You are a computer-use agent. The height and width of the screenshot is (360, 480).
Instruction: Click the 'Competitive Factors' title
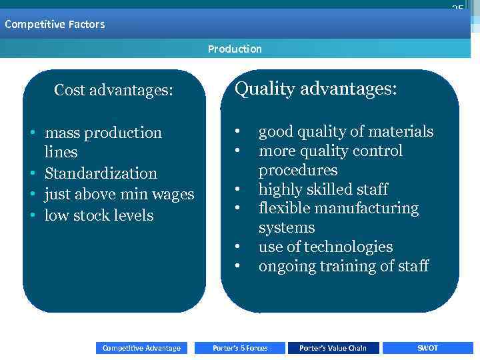(x=55, y=25)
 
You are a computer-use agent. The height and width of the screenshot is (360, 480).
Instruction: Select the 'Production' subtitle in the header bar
(x=235, y=49)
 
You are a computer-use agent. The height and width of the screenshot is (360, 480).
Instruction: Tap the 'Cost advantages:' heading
(x=113, y=90)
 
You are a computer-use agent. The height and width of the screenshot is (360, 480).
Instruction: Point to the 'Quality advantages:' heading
(x=316, y=89)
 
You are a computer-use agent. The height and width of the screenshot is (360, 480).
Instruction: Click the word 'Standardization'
(x=101, y=173)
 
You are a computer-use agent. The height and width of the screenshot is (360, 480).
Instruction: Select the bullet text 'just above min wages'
(x=119, y=195)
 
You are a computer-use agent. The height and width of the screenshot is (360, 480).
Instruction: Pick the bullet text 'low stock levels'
(x=99, y=215)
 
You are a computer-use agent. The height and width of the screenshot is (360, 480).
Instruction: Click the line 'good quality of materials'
(x=345, y=132)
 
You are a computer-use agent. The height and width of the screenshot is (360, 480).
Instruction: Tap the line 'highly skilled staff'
(x=323, y=189)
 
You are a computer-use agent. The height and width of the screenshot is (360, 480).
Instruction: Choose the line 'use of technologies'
(x=325, y=247)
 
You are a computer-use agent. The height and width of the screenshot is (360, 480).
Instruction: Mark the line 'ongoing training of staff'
(x=343, y=267)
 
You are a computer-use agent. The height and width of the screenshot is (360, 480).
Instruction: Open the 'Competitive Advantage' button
(x=141, y=348)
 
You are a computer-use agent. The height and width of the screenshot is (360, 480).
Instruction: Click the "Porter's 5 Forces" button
(x=240, y=348)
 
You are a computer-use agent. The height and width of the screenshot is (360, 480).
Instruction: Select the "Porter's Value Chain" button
(x=333, y=348)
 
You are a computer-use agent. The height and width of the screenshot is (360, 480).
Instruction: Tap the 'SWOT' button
(x=427, y=348)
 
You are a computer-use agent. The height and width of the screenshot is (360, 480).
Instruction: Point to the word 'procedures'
(x=298, y=170)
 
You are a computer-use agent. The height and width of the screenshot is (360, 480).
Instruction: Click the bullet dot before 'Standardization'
(x=32, y=174)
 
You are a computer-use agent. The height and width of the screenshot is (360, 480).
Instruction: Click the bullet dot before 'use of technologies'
(x=237, y=247)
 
